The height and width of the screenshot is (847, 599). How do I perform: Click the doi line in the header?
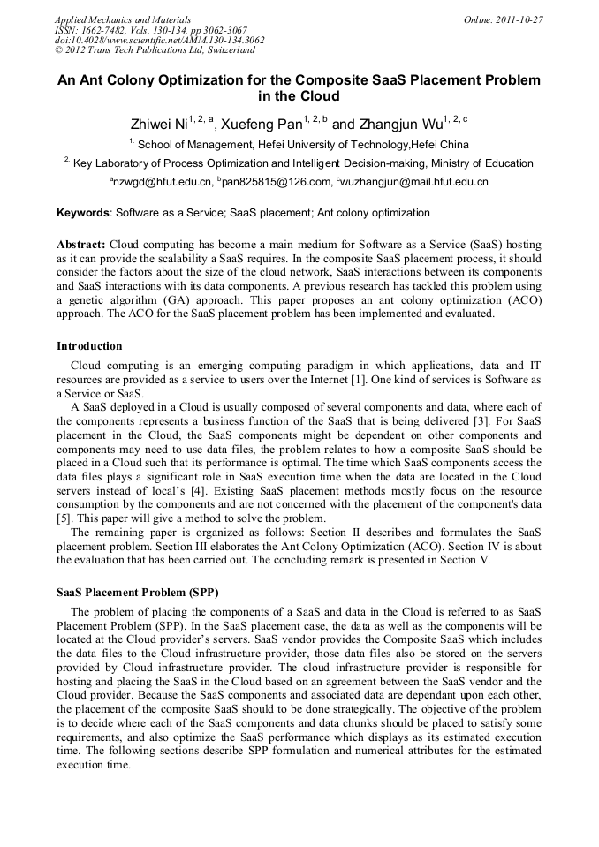click(x=159, y=40)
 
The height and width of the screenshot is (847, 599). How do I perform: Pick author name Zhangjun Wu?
click(x=398, y=124)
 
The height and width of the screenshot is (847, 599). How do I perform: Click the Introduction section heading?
click(x=89, y=345)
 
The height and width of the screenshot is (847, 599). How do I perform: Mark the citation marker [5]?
click(x=64, y=518)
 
